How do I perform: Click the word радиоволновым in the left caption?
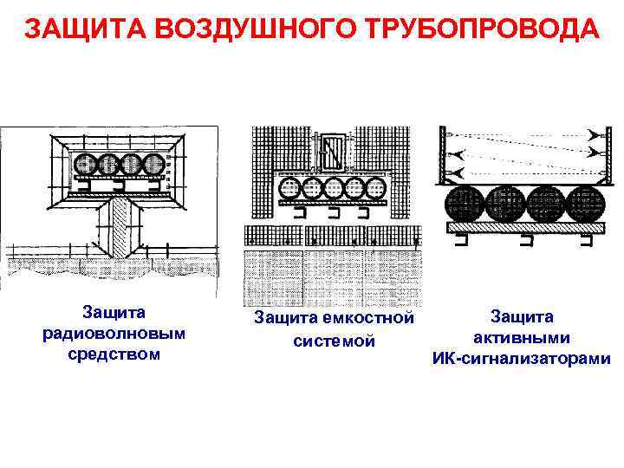(114, 334)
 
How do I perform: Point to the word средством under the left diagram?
(114, 354)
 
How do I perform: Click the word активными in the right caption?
(522, 338)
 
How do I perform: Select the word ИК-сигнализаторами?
(522, 358)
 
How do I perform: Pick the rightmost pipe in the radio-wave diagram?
(154, 165)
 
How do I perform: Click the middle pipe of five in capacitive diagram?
(334, 189)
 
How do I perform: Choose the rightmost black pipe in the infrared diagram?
(588, 205)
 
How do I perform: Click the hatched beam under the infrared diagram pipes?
(524, 228)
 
